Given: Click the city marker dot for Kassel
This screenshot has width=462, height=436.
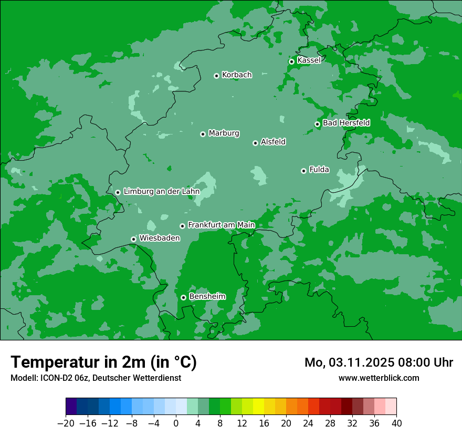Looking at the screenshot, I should coord(291,61).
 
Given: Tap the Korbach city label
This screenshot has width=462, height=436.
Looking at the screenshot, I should coord(237,75).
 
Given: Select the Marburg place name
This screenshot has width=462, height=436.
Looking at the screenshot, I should coord(224,133).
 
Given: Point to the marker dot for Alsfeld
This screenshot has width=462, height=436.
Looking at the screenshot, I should coord(255,143).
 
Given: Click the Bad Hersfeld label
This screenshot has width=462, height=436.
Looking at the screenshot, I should coord(346,123).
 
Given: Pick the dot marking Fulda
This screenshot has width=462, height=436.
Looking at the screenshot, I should coord(303,171).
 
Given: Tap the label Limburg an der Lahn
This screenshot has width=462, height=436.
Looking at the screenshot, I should coord(161,192).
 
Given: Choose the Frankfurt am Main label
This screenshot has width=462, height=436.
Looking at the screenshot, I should coord(221,225).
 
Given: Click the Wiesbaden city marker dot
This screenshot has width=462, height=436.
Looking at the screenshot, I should coord(133,239).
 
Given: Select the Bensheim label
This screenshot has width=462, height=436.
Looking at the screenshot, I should coord(207,296).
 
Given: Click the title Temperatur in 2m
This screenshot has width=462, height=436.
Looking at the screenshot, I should coord(103,362).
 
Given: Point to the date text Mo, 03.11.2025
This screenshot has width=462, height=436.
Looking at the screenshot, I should coord(352,362).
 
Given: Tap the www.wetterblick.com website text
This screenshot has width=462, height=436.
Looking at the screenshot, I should coord(379,378).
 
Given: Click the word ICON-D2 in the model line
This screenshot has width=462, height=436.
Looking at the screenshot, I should coord(55,378).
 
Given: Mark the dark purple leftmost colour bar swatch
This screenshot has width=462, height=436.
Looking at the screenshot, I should coord(71,407).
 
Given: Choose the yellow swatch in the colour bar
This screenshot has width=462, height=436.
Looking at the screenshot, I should coord(258,407).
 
